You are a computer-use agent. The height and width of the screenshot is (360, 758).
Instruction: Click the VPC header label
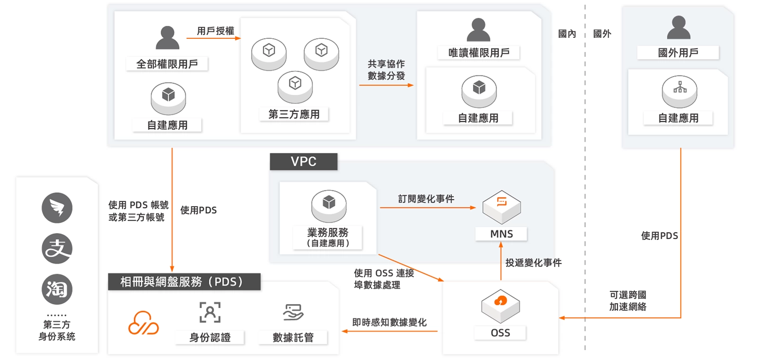coord(304,162)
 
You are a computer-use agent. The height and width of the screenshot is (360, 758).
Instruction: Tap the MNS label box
coord(501,234)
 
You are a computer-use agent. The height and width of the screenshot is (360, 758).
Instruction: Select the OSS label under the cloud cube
coord(500,333)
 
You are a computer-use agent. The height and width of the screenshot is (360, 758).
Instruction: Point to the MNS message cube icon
coord(501,207)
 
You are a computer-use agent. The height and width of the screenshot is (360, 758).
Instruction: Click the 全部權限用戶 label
coord(167,64)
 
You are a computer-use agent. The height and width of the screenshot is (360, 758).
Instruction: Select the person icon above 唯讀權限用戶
coord(478,30)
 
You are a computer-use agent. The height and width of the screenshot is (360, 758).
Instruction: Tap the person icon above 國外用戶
coord(678,27)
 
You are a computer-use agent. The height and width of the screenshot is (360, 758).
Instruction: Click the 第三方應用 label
coord(294,114)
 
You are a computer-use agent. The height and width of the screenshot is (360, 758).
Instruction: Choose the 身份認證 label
coord(210,337)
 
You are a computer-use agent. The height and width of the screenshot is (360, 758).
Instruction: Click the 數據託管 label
coord(293,337)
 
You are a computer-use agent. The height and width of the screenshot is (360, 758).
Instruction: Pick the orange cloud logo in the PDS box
coord(144,323)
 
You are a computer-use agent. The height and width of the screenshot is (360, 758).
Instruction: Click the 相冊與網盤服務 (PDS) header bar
coord(184,282)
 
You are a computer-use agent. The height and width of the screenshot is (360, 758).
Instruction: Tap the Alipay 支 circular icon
coord(57,249)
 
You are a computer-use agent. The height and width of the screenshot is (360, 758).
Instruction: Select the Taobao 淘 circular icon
coord(57,289)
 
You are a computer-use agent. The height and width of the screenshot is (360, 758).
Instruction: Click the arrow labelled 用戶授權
coord(214,38)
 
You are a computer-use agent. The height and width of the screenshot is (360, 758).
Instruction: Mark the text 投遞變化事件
coord(533,263)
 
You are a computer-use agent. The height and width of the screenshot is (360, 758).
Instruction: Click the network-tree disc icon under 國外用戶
coord(679,90)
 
